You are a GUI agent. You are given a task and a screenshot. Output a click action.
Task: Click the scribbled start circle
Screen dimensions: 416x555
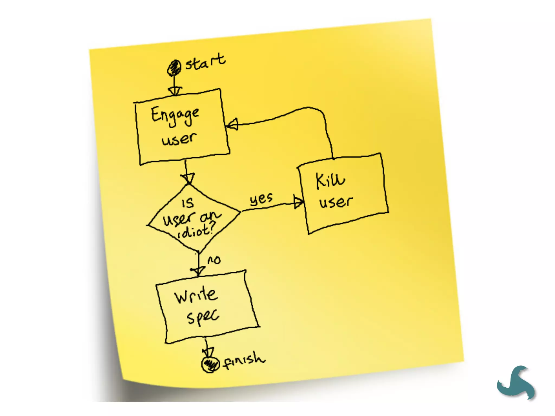(x=174, y=68)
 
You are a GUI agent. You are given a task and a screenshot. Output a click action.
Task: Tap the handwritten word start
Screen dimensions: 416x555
(x=205, y=62)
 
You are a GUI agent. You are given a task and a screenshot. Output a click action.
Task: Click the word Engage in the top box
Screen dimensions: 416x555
(x=175, y=116)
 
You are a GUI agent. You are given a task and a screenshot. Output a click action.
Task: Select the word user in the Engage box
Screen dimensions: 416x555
(x=179, y=139)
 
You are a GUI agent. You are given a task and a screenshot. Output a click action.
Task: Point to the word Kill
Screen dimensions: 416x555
(x=330, y=180)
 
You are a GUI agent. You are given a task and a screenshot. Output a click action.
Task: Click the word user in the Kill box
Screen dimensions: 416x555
(x=336, y=202)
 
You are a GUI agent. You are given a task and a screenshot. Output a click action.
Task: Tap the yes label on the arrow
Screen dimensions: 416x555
(x=261, y=199)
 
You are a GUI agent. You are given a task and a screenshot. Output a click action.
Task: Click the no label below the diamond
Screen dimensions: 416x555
(x=214, y=260)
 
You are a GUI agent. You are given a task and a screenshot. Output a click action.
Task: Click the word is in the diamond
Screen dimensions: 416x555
(x=188, y=203)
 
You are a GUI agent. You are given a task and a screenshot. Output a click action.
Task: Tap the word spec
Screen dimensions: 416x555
(x=203, y=317)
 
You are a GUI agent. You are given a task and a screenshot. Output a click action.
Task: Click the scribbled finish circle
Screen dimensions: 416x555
(x=210, y=364)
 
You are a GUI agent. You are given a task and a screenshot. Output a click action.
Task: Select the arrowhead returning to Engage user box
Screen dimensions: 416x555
(x=232, y=124)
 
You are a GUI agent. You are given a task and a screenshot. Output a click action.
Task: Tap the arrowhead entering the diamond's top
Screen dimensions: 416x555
(x=188, y=178)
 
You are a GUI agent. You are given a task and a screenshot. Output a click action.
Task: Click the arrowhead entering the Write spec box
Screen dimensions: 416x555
(x=198, y=271)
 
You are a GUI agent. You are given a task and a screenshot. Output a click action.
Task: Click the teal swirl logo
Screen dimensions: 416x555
(x=516, y=382)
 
